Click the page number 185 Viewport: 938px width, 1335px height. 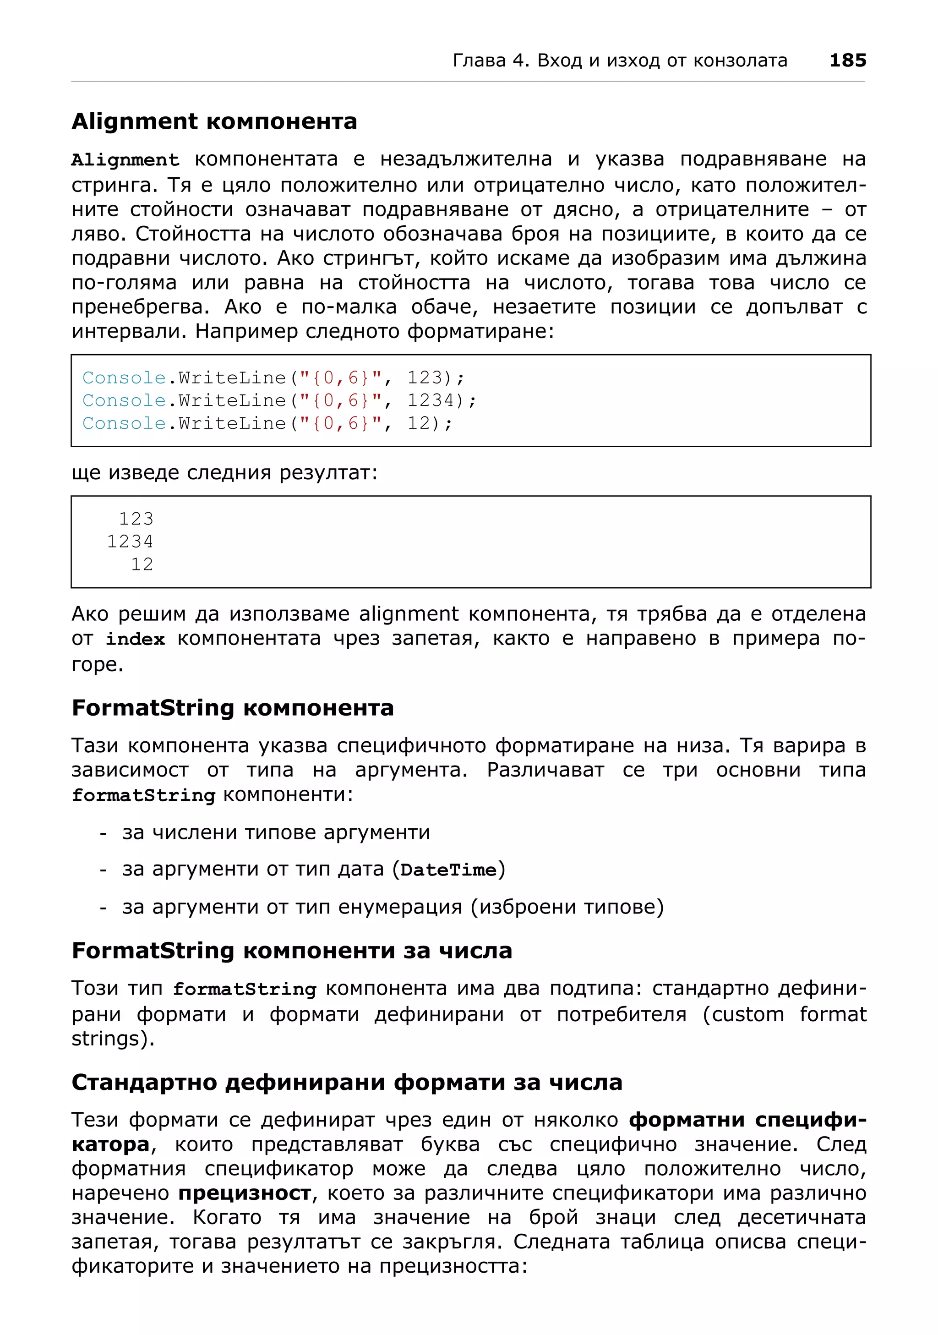click(847, 60)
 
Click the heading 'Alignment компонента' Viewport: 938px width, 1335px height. click(214, 121)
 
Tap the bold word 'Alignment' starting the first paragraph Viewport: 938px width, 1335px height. click(125, 160)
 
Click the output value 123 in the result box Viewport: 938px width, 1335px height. click(136, 519)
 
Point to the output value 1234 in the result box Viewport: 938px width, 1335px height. click(130, 542)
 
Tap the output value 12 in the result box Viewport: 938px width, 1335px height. click(142, 564)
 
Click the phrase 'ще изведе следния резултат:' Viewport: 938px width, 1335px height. click(224, 473)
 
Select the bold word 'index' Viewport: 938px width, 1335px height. click(135, 640)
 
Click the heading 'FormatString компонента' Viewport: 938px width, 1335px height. click(233, 708)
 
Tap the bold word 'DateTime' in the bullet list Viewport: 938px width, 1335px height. click(448, 870)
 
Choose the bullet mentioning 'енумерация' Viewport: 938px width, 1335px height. click(393, 907)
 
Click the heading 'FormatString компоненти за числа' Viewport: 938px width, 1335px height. click(292, 951)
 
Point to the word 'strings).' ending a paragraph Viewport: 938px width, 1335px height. click(113, 1039)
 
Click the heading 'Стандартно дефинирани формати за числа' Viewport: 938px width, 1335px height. click(346, 1083)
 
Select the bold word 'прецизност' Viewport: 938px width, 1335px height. click(245, 1193)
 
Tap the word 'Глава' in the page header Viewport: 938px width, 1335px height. click(479, 60)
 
